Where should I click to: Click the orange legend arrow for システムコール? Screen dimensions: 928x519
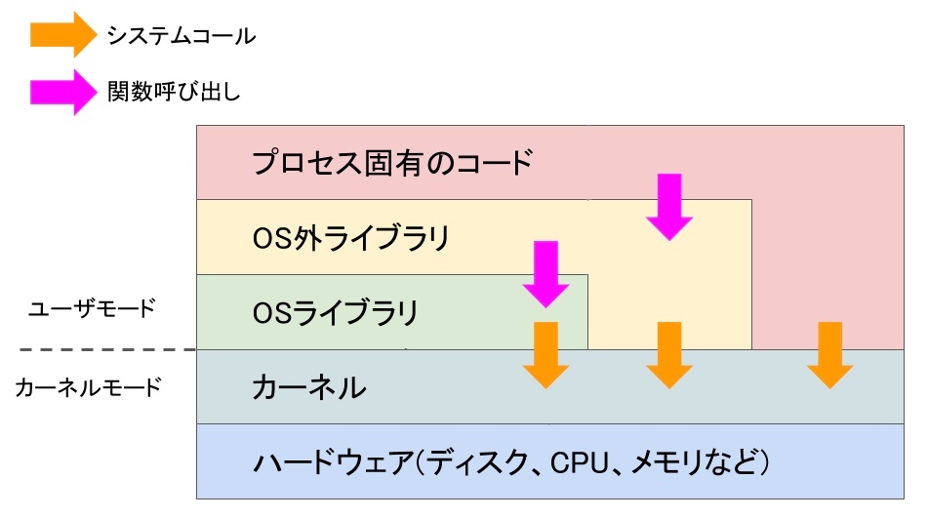tap(63, 35)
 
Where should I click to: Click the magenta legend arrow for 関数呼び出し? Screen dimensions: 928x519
tap(63, 92)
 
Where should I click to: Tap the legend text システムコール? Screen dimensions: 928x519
tap(182, 36)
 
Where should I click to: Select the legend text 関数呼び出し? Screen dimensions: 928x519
tap(174, 92)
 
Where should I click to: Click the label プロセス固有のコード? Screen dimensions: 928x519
tap(392, 163)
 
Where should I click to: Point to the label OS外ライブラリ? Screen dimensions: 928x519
tap(351, 238)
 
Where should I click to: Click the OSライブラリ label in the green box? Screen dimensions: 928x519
tap(336, 312)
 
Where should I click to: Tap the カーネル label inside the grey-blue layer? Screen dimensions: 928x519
tap(309, 387)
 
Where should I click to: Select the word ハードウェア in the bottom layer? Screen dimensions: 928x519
tap(333, 462)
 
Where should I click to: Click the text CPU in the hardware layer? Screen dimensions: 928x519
tap(580, 462)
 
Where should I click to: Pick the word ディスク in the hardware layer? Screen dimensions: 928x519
tap(477, 462)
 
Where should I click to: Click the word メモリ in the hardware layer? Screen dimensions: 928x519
tap(666, 462)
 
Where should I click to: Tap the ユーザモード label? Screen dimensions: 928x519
tap(92, 308)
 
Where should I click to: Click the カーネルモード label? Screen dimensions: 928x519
tap(88, 387)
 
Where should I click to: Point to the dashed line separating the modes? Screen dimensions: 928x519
tap(107, 350)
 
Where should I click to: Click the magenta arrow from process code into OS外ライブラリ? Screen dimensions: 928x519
tap(669, 207)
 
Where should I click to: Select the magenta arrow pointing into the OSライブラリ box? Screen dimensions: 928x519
tap(545, 274)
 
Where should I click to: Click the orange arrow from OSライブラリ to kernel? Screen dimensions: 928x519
tap(545, 355)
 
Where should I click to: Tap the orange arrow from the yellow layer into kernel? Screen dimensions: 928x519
tap(669, 355)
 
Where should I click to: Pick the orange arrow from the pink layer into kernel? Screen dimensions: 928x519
tap(829, 355)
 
